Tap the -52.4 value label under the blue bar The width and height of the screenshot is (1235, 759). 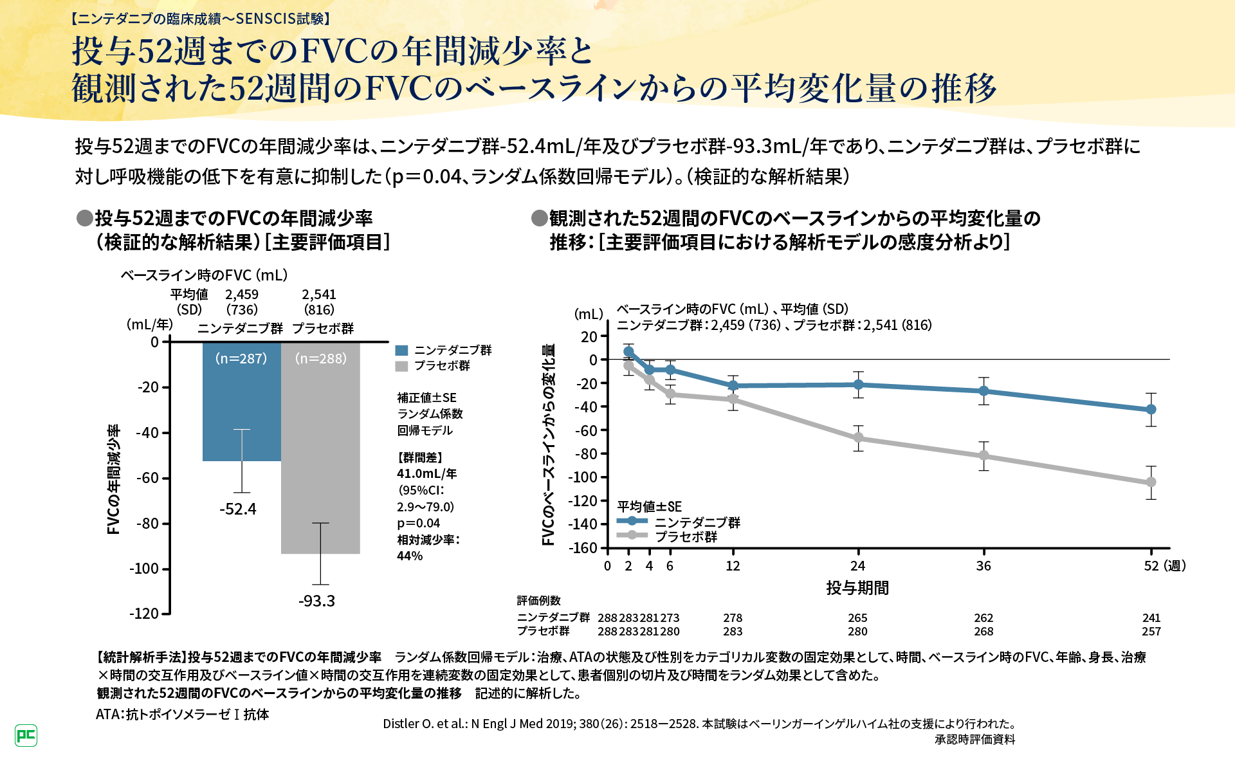(x=238, y=509)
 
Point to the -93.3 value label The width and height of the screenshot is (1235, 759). (x=316, y=601)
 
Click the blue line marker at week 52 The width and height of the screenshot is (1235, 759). (x=1151, y=409)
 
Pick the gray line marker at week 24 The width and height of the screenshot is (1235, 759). (x=858, y=438)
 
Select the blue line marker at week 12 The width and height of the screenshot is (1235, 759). (x=733, y=386)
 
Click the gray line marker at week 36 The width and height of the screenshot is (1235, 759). (x=983, y=455)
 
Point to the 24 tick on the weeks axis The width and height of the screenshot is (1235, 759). (x=858, y=566)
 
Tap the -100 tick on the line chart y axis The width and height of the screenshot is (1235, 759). (x=583, y=477)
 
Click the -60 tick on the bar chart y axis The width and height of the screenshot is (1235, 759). (x=147, y=478)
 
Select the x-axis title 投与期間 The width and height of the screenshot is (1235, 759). (x=857, y=588)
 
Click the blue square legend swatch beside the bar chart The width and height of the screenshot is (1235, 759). (x=401, y=351)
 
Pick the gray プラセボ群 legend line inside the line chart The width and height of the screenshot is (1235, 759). (x=632, y=535)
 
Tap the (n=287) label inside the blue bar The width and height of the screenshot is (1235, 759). (x=241, y=358)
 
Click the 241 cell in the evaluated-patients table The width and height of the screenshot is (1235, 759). (x=1151, y=617)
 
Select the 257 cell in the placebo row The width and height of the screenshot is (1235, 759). (x=1151, y=632)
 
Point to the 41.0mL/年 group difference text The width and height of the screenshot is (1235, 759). (x=426, y=473)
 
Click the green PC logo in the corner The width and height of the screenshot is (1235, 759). (x=26, y=735)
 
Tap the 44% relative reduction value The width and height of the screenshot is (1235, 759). (x=410, y=556)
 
